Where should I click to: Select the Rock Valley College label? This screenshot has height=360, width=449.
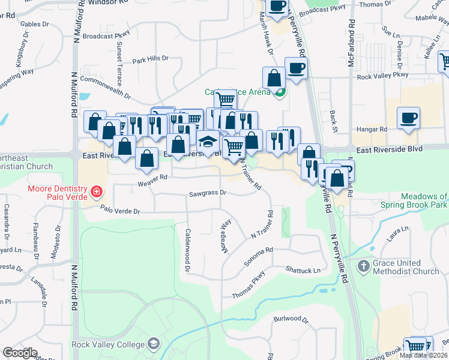click(108, 344)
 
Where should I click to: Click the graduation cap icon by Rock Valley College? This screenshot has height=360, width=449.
click(154, 344)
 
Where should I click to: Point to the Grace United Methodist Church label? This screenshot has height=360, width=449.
click(406, 267)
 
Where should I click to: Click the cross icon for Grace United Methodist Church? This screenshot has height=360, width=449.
click(363, 266)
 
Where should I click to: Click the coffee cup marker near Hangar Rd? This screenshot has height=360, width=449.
click(408, 118)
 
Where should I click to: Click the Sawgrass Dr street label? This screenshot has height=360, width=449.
click(207, 193)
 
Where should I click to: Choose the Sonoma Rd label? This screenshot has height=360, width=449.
click(259, 257)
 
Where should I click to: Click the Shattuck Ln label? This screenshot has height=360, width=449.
click(303, 271)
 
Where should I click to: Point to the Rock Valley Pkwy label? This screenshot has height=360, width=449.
click(382, 76)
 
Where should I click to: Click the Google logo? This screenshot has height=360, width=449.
click(20, 353)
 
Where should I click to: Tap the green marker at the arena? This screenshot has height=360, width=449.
click(280, 92)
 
